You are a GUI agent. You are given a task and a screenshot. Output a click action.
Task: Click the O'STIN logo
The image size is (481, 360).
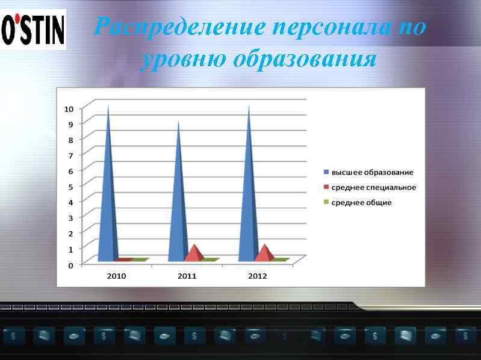click(x=34, y=30)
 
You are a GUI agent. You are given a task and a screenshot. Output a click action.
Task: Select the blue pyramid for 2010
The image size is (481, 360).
click(x=108, y=193)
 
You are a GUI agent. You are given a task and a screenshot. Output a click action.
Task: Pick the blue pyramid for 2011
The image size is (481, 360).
click(x=178, y=199)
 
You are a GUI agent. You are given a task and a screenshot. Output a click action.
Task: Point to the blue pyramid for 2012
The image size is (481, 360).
click(x=249, y=193)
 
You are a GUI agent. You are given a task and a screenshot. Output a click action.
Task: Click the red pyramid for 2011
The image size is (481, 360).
click(x=194, y=253)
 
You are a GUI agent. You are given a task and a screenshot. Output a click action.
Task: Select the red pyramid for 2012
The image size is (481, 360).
click(x=264, y=253)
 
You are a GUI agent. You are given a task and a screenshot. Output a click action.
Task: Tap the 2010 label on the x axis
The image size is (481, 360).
click(x=117, y=276)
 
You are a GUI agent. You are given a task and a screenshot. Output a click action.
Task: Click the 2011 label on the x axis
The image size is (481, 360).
click(x=187, y=276)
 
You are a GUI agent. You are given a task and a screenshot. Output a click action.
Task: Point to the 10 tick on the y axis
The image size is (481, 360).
click(x=69, y=109)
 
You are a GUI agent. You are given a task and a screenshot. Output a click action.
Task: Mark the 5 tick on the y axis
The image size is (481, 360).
click(x=70, y=187)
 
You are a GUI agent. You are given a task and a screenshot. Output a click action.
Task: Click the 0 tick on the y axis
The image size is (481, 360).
click(x=70, y=265)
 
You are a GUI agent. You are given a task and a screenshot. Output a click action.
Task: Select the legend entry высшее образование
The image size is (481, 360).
click(x=372, y=172)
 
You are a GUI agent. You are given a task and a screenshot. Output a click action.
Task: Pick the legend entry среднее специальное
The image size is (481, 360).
click(x=373, y=187)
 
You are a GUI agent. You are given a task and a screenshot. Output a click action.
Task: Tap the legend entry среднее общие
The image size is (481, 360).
click(x=361, y=202)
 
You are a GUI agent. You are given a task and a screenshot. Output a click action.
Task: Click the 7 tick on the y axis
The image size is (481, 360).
click(x=70, y=155)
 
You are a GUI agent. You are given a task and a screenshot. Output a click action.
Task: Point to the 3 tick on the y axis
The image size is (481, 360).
click(x=70, y=218)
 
